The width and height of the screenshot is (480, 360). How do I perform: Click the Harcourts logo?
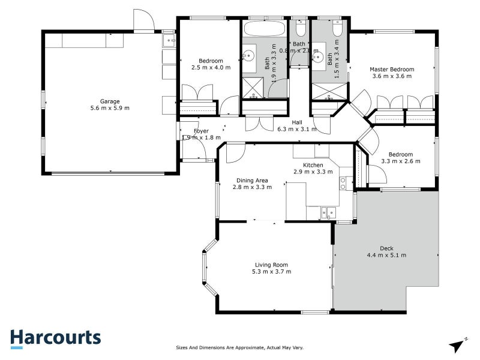point(55,338)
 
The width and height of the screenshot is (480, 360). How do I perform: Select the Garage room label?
point(110,101)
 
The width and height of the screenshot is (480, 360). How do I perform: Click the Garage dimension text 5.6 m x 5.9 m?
point(110,108)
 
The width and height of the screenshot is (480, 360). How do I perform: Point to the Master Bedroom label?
point(391,69)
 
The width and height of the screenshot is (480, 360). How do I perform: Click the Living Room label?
point(271,265)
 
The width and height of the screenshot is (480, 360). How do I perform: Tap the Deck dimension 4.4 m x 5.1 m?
point(386,255)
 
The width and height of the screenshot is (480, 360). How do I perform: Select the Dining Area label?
point(251,180)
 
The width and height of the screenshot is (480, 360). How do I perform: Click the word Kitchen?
point(313,165)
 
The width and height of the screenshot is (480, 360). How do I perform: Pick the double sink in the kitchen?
point(328,212)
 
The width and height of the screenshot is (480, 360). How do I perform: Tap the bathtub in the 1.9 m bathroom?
point(265,29)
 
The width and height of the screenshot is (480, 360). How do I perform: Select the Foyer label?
point(201,131)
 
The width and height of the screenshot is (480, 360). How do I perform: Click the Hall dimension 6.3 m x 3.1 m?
point(296,129)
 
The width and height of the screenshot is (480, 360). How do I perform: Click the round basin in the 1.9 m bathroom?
point(247,56)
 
